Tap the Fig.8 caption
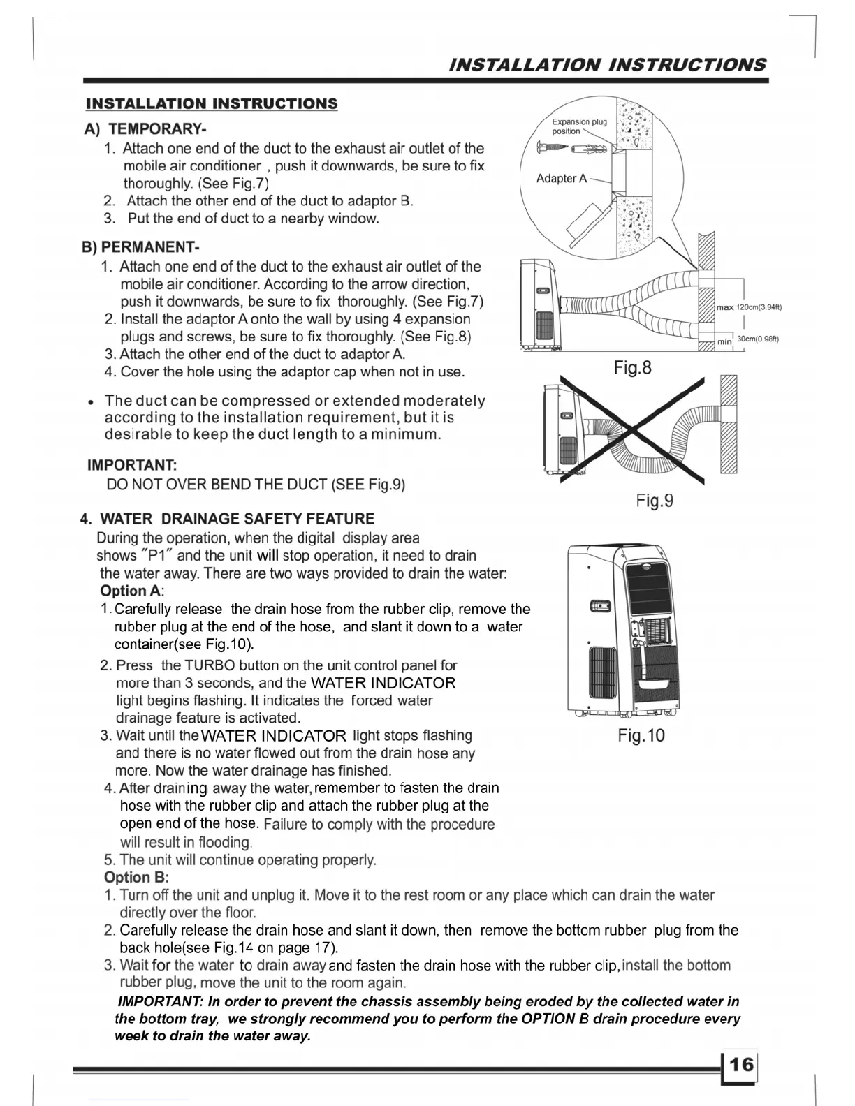coord(632,367)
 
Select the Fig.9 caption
coord(655,501)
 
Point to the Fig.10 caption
coord(641,735)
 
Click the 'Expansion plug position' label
coord(579,126)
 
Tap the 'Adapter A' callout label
coord(562,179)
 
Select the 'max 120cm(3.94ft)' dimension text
coord(749,307)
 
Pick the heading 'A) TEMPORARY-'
coord(145,129)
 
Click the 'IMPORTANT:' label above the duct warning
coord(132,465)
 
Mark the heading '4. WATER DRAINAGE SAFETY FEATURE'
coord(228,519)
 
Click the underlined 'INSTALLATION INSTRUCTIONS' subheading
coord(212,104)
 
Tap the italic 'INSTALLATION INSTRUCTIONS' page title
coord(608,65)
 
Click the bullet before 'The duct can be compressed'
coord(91,403)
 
